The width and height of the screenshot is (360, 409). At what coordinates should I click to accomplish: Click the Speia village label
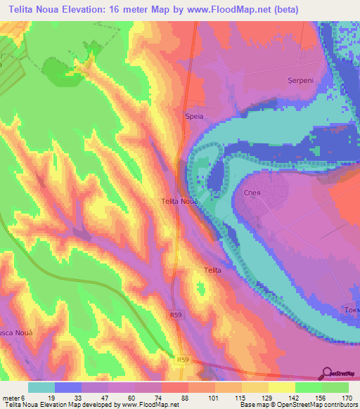tap(193, 117)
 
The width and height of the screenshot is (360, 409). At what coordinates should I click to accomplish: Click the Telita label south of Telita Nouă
tap(212, 270)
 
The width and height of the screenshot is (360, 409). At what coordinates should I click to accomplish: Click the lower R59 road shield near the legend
tap(183, 360)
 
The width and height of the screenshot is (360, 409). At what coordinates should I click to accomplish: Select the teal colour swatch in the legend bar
tap(41, 387)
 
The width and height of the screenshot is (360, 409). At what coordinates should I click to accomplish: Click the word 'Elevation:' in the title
tap(93, 10)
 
